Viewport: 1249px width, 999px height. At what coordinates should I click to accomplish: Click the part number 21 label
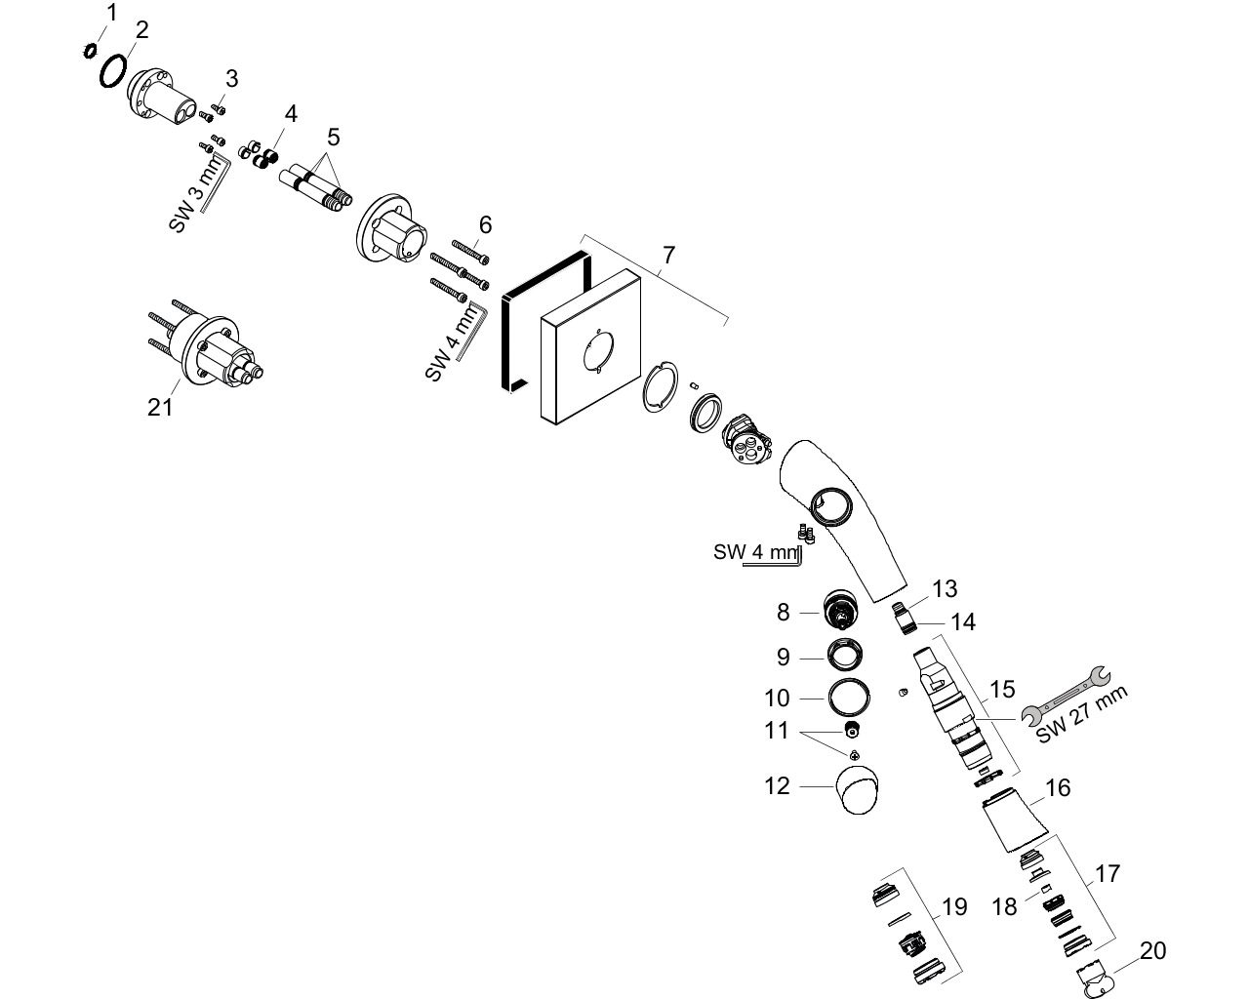tap(160, 408)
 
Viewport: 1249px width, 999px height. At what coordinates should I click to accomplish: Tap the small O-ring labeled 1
tap(90, 52)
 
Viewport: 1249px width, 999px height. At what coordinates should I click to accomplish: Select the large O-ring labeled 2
tap(112, 71)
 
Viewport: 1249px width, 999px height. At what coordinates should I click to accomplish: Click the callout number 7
tap(668, 255)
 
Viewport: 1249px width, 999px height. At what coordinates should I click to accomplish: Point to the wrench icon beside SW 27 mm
tap(1066, 696)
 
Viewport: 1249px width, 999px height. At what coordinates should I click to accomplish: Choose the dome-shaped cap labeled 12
tap(858, 789)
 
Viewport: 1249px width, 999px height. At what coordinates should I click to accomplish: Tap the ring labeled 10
tap(849, 698)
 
